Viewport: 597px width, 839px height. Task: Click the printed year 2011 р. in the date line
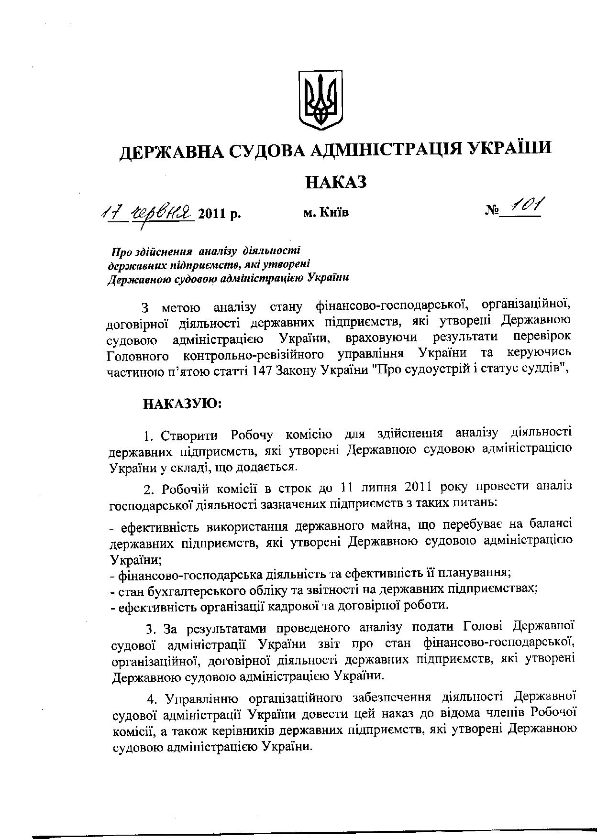pos(219,213)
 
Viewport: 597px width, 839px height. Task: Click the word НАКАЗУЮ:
pos(182,403)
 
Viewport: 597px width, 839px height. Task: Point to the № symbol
pos(492,210)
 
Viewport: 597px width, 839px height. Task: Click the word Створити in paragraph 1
pos(190,436)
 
